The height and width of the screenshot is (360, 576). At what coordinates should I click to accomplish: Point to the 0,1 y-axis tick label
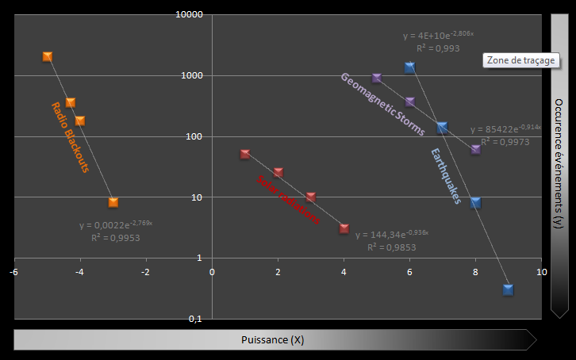pos(194,319)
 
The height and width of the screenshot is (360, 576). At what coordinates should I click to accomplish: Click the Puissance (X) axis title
pos(272,340)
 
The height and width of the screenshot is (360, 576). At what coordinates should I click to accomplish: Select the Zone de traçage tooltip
pos(521,60)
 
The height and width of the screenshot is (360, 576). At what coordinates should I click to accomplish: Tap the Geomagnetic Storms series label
pos(382,104)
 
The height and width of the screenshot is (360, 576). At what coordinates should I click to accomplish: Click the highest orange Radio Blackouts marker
pos(48,56)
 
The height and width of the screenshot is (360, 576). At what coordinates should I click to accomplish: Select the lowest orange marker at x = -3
pos(113,202)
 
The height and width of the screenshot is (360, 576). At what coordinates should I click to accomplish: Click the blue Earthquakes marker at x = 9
pos(508,289)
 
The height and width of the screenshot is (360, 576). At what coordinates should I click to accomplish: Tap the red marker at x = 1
pos(245,154)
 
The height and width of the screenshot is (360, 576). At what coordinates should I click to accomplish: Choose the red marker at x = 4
pos(344,228)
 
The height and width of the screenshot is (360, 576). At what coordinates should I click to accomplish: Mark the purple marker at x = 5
pos(377,78)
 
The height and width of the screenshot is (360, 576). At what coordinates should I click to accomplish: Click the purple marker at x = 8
pos(475,149)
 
